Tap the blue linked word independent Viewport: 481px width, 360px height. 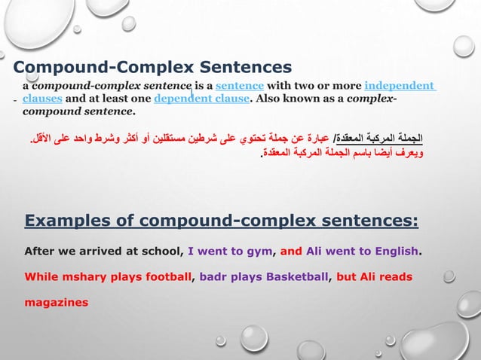click(399, 86)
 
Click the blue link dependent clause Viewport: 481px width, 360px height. click(201, 99)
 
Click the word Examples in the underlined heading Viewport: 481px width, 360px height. click(65, 221)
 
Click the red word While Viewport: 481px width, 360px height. click(41, 276)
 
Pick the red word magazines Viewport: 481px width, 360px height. click(57, 303)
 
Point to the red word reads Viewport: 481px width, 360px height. click(395, 276)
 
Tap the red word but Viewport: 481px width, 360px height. click(347, 276)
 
